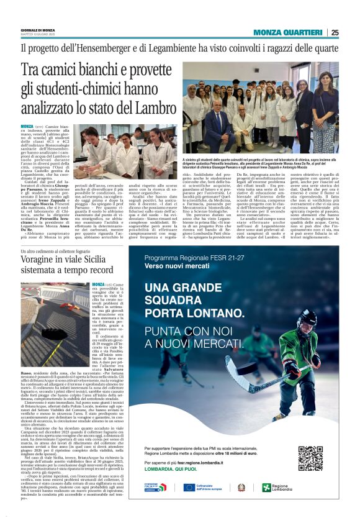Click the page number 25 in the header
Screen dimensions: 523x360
pos(335,32)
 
